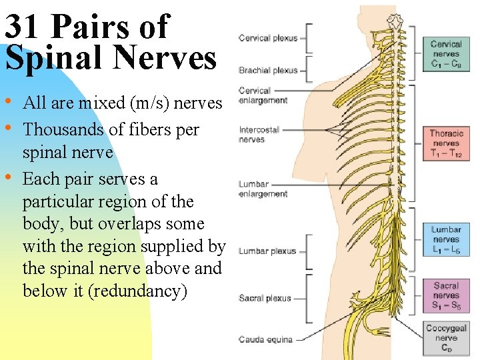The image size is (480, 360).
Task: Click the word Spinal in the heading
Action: click(x=49, y=57)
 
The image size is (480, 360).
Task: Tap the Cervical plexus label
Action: click(x=268, y=38)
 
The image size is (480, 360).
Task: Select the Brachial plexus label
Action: click(x=268, y=70)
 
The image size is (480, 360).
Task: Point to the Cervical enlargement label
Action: click(x=263, y=95)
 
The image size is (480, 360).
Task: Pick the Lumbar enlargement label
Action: click(x=263, y=189)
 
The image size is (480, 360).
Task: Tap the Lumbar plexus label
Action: click(x=267, y=251)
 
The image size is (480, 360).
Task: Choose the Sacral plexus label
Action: click(x=265, y=298)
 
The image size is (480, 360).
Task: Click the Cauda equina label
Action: click(x=265, y=339)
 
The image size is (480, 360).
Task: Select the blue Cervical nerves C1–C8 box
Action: click(x=445, y=54)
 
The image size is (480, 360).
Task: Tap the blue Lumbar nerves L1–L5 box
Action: click(x=445, y=240)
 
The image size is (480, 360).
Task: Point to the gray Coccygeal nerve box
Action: click(x=445, y=338)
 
